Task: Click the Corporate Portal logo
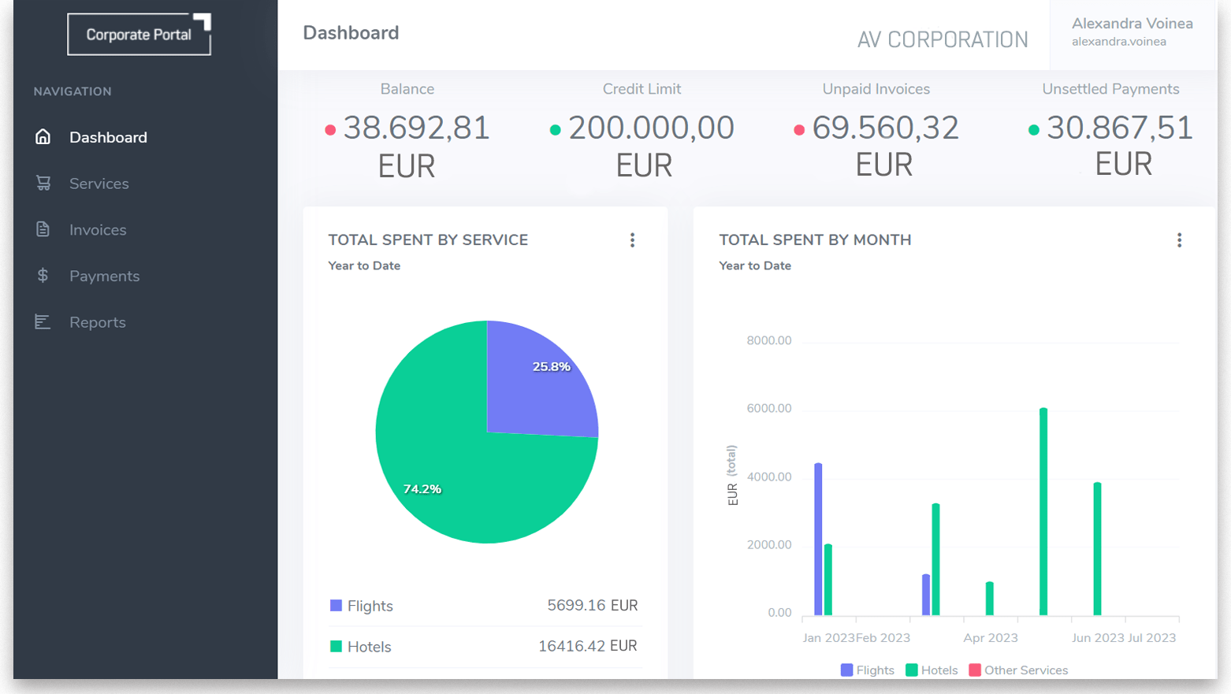[139, 35]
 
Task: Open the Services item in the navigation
[99, 184]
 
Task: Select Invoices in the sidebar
[98, 230]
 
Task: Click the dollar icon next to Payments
[43, 276]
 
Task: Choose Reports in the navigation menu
[97, 322]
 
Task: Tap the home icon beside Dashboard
[43, 137]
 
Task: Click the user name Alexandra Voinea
[1132, 24]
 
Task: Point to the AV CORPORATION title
[942, 39]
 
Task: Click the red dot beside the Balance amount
[330, 130]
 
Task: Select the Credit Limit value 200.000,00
[651, 128]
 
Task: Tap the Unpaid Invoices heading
[876, 89]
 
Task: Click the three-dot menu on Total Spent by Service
[632, 240]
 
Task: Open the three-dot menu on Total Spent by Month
[1179, 240]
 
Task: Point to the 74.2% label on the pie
[422, 489]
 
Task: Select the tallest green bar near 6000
[1043, 512]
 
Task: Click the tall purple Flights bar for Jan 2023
[818, 540]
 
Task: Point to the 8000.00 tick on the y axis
[768, 340]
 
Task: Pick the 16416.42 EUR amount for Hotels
[587, 646]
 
